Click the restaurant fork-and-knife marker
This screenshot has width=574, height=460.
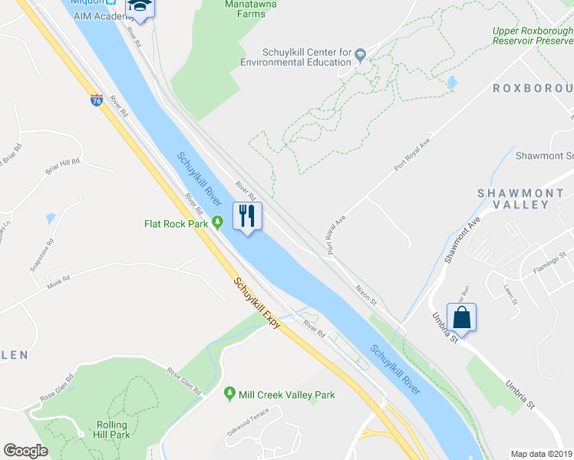(x=247, y=215)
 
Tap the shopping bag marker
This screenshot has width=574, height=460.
(x=461, y=317)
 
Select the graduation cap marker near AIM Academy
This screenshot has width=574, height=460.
(x=140, y=5)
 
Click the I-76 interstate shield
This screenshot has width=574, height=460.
(x=96, y=100)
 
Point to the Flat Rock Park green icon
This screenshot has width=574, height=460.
(x=218, y=224)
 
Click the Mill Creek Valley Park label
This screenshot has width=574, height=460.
(x=287, y=395)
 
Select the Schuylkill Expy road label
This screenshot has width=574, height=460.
(x=257, y=304)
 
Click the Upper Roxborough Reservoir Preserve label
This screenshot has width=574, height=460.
(x=533, y=36)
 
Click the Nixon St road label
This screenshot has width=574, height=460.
(x=366, y=291)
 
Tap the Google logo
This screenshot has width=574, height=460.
(x=26, y=451)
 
